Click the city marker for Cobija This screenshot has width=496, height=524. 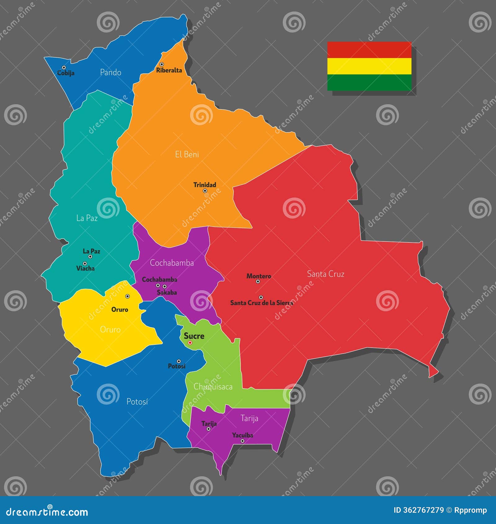point(64,68)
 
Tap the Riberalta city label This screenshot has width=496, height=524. point(169,70)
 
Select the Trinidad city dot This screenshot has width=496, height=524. point(205,191)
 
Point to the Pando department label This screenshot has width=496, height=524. point(111,73)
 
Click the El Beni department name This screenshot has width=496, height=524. point(187,154)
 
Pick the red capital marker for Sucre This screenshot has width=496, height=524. point(190,343)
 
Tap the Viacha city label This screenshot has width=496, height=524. point(86,269)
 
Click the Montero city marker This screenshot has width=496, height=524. point(258,282)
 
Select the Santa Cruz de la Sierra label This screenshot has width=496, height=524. point(261,303)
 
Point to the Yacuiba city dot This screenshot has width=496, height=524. point(242,441)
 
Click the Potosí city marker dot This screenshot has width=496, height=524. point(179,361)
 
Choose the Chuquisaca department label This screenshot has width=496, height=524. point(213,387)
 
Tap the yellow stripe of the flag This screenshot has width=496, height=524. point(369,66)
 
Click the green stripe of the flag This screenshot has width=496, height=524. point(369,82)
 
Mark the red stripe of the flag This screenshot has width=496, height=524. point(369,50)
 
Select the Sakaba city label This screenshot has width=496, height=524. point(167,292)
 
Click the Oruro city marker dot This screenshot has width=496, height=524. point(127,296)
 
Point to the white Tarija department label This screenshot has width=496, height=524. point(249,419)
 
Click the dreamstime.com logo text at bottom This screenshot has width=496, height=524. point(47,512)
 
